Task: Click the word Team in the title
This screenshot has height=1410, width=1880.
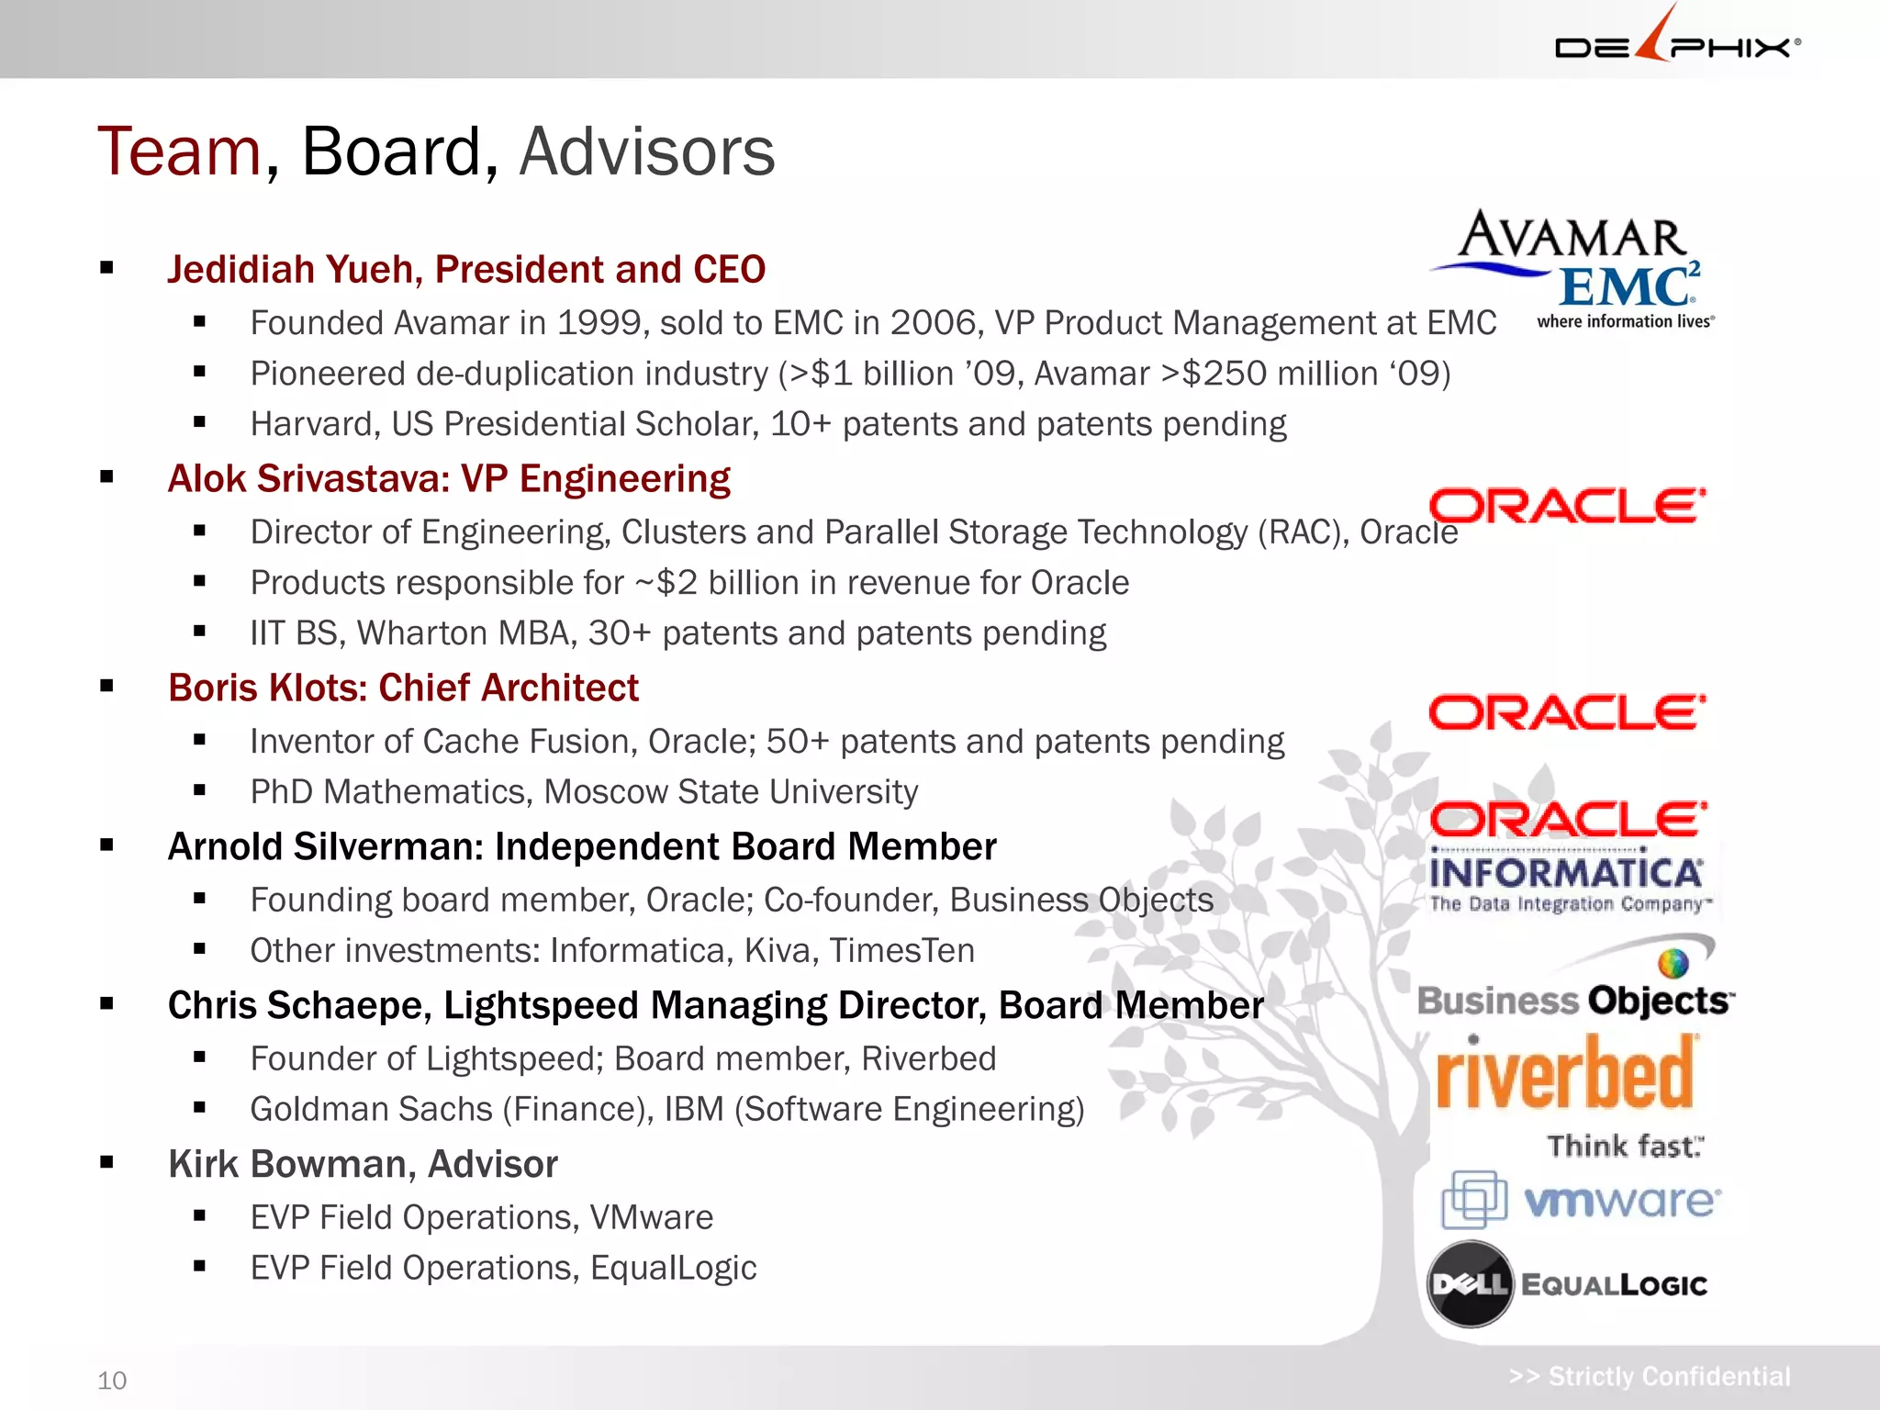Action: click(x=180, y=151)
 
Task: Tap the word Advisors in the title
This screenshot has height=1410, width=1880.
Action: click(x=647, y=151)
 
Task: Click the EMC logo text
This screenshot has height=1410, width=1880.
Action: click(x=1627, y=286)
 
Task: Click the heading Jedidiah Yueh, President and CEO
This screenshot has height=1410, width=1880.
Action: click(x=465, y=270)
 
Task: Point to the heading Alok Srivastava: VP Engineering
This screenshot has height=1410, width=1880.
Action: click(x=448, y=479)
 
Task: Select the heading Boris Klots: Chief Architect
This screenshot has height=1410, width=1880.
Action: click(x=402, y=688)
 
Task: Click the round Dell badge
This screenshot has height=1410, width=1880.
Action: click(x=1470, y=1283)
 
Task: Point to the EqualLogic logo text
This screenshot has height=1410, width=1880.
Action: click(x=1614, y=1285)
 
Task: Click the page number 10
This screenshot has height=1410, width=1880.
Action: click(x=112, y=1381)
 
